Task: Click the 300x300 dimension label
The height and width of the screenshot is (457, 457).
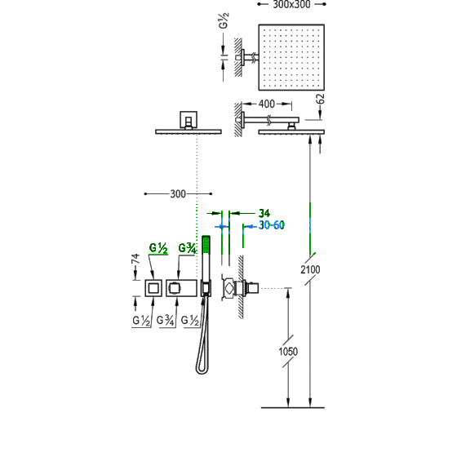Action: pyautogui.click(x=291, y=4)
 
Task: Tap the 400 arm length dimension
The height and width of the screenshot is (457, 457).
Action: pyautogui.click(x=267, y=104)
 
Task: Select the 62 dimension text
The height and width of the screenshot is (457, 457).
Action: pyautogui.click(x=320, y=99)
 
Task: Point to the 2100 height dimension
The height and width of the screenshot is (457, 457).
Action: pyautogui.click(x=310, y=269)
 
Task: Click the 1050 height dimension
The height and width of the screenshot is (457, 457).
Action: pyautogui.click(x=288, y=352)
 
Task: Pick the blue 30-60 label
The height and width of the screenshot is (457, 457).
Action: pyautogui.click(x=271, y=225)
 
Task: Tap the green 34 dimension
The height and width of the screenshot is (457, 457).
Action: pyautogui.click(x=264, y=213)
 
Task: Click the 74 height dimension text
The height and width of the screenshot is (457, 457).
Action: pyautogui.click(x=135, y=259)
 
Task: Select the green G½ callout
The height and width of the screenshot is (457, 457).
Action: pyautogui.click(x=158, y=248)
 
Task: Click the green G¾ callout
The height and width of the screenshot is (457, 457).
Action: pyautogui.click(x=187, y=248)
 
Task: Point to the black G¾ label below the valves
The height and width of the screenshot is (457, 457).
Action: pyautogui.click(x=165, y=321)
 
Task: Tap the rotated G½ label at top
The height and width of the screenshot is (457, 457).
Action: pyautogui.click(x=224, y=20)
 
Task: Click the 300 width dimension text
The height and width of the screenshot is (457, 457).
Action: pyautogui.click(x=178, y=194)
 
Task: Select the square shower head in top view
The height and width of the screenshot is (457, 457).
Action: pyautogui.click(x=291, y=57)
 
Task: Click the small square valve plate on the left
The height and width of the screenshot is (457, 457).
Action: pyautogui.click(x=153, y=288)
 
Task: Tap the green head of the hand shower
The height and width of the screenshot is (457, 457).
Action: pyautogui.click(x=206, y=244)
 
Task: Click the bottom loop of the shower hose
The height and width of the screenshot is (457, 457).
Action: pyautogui.click(x=202, y=370)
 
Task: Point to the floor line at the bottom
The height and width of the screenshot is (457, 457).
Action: pyautogui.click(x=293, y=407)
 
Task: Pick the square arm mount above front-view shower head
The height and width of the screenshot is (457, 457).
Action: pyautogui.click(x=189, y=120)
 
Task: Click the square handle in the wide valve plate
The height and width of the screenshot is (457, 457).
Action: pyautogui.click(x=175, y=288)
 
